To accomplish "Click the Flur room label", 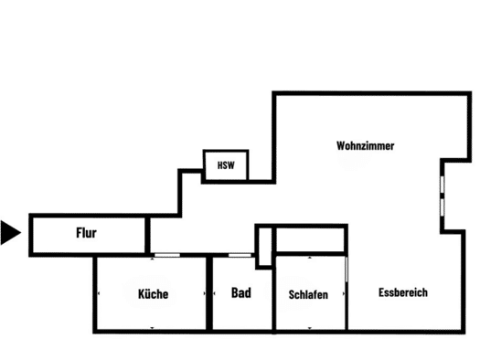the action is click(86, 233).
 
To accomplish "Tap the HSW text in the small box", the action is click(226, 165).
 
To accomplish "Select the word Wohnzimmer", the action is click(365, 145).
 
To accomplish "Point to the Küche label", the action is click(153, 294).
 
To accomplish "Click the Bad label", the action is click(241, 292).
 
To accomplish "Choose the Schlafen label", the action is click(308, 294).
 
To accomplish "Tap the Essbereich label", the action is click(403, 292).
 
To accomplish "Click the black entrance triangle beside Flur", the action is click(11, 232).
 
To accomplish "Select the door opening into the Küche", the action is click(167, 255).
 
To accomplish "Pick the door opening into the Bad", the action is click(240, 255).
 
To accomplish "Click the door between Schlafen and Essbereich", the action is click(347, 270).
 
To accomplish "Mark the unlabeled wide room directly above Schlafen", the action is click(310, 239).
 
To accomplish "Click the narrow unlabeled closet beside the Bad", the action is click(265, 247).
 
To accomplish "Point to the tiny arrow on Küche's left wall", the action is click(99, 293).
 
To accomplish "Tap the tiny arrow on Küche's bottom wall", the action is click(152, 328).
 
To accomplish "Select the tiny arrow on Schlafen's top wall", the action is click(310, 258).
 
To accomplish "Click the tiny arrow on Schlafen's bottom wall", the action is click(310, 328).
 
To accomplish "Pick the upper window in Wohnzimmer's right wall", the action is click(442, 185).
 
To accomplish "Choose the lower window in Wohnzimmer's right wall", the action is click(442, 207).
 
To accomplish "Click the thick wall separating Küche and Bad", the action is click(209, 293).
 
